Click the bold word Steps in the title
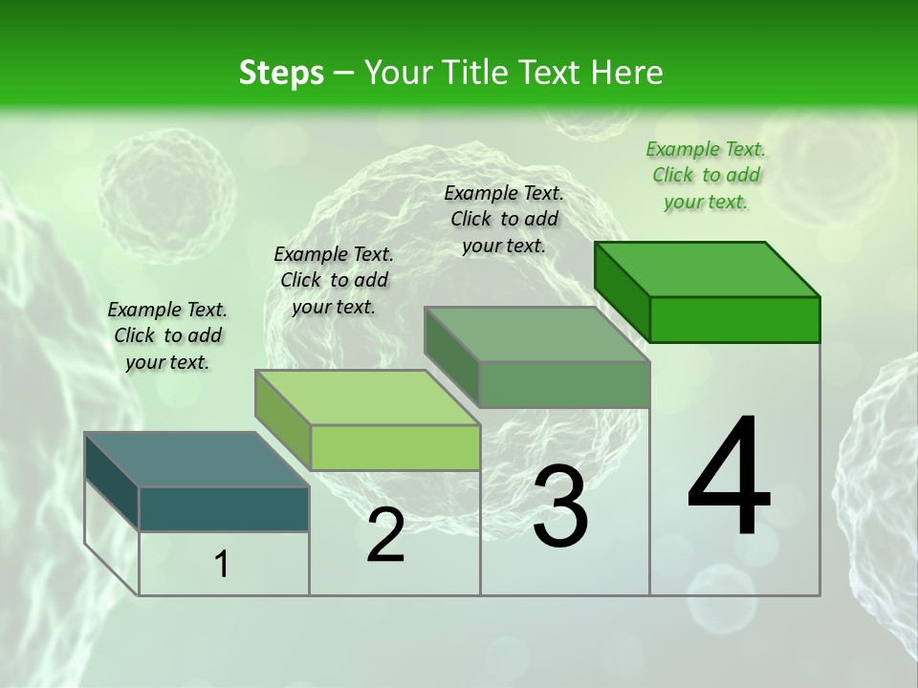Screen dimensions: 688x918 (281, 73)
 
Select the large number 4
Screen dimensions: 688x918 (729, 477)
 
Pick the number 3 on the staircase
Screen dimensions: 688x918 (559, 507)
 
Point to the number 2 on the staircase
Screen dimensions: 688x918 (385, 535)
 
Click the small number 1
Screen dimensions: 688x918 (222, 564)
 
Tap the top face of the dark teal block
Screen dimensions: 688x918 (196, 460)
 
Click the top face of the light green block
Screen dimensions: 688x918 (367, 398)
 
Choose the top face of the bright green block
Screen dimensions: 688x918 (708, 269)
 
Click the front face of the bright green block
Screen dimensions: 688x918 (734, 319)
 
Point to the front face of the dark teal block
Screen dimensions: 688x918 (224, 508)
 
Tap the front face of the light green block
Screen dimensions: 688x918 (395, 447)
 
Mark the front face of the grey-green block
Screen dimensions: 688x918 (564, 384)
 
